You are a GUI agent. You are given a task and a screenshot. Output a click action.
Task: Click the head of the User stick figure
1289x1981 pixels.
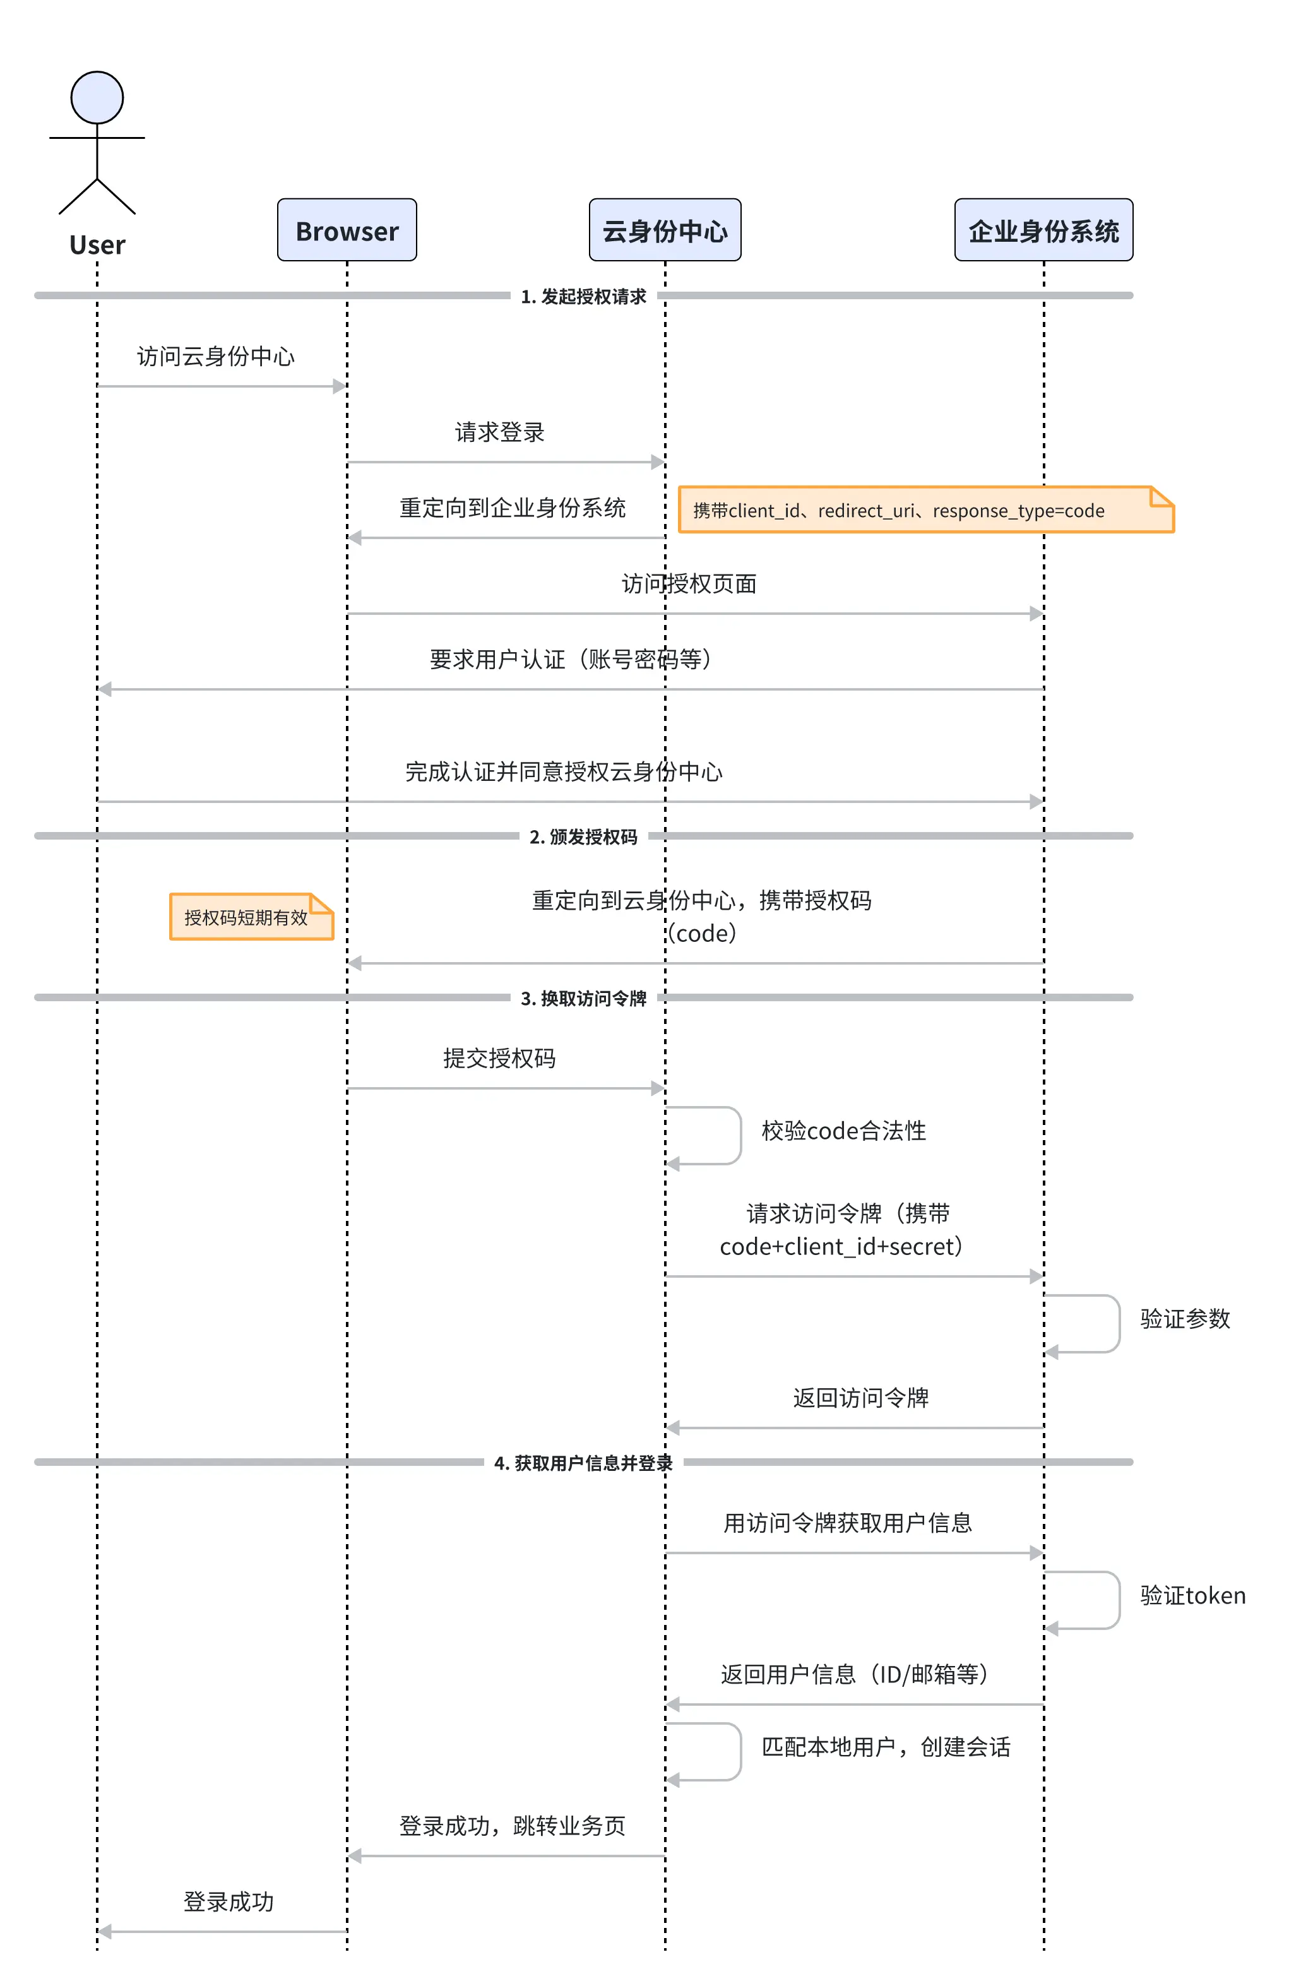pos(97,97)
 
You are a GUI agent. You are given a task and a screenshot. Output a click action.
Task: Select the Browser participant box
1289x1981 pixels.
pos(347,230)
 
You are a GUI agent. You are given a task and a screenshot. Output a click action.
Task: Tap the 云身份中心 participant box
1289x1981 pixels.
pos(665,230)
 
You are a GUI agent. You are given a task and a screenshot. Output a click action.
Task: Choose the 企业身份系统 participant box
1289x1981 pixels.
pos(1043,230)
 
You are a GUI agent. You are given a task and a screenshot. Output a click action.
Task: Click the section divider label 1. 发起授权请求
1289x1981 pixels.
pos(583,296)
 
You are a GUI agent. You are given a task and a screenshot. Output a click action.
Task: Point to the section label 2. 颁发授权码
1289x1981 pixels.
pos(583,836)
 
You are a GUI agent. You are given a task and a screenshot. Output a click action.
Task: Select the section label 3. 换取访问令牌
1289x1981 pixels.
pos(583,998)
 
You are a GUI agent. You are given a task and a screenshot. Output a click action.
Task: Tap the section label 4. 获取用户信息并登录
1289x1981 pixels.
pos(583,1463)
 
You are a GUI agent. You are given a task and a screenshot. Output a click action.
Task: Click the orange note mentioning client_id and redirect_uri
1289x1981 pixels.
pos(926,509)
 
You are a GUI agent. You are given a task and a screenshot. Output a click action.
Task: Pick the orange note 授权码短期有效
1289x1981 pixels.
pos(251,917)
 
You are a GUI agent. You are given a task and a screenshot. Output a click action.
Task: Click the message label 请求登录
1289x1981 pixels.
pos(499,432)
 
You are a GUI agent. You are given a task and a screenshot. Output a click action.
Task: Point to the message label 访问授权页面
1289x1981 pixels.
pos(689,583)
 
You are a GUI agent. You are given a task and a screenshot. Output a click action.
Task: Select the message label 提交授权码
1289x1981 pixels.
pos(499,1058)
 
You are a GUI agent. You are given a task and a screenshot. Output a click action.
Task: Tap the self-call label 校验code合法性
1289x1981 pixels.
pos(844,1131)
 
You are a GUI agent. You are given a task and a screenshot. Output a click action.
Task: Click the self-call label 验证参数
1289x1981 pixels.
pos(1185,1318)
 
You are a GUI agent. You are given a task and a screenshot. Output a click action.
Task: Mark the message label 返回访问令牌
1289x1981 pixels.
pos(860,1398)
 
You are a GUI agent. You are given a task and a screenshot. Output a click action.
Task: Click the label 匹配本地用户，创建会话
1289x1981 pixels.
pos(886,1746)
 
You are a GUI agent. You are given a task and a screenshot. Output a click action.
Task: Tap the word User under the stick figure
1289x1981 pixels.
pos(97,245)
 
